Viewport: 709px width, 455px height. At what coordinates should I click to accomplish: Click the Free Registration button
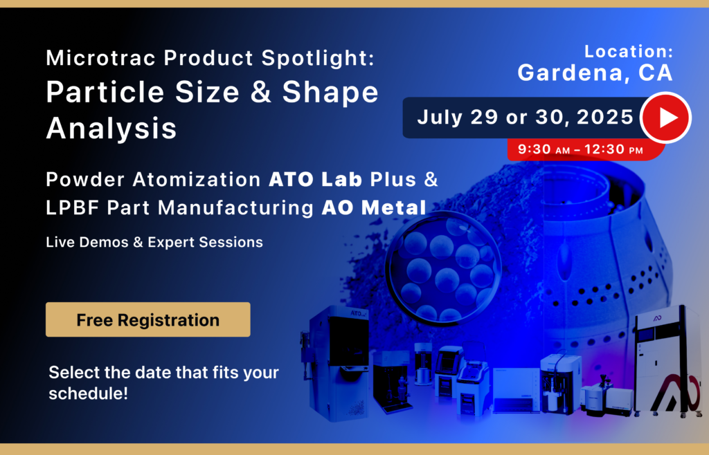click(147, 320)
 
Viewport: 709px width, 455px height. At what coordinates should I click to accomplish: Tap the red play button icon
click(665, 118)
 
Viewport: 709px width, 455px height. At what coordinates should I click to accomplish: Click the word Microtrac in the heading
click(89, 58)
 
